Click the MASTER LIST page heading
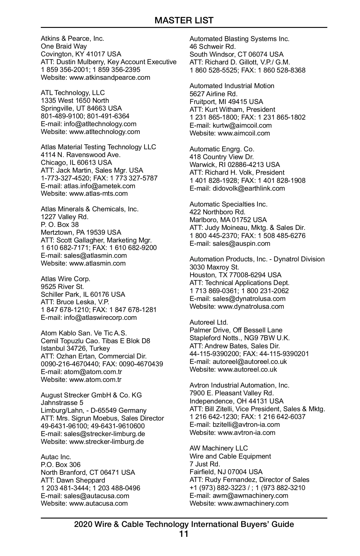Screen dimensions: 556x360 coord(184,20)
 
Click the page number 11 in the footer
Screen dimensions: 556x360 coord(184,534)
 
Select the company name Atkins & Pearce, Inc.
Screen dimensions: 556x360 coord(72,38)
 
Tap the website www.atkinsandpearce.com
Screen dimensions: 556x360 coord(109,77)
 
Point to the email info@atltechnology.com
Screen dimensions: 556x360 coord(100,124)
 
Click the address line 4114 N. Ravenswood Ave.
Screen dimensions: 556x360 coord(81,155)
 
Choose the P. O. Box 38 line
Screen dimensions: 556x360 coord(60,224)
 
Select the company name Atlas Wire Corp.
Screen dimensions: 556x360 coord(65,279)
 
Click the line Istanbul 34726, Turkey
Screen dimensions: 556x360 coord(75,348)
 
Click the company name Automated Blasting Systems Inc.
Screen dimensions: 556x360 coord(239,39)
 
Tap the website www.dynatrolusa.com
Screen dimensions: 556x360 coord(251,306)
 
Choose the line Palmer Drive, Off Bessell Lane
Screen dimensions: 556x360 coord(236,330)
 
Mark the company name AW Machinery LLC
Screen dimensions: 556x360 coord(219,448)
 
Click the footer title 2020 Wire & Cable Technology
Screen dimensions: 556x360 coord(184,524)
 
